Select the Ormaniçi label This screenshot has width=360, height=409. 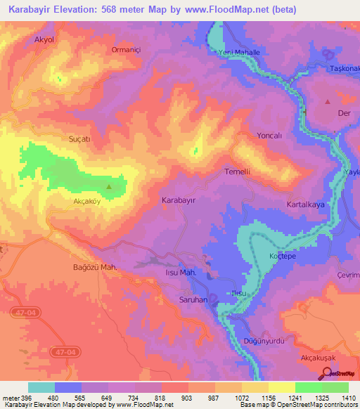[x=127, y=49]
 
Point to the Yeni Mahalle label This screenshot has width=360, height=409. [x=239, y=53]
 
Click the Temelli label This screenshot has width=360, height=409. [x=237, y=171]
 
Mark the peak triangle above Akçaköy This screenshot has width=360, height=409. [x=108, y=187]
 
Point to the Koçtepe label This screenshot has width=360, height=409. [x=281, y=257]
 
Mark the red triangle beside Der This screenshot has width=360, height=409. [x=327, y=102]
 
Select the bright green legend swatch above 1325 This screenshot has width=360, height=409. [x=308, y=387]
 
